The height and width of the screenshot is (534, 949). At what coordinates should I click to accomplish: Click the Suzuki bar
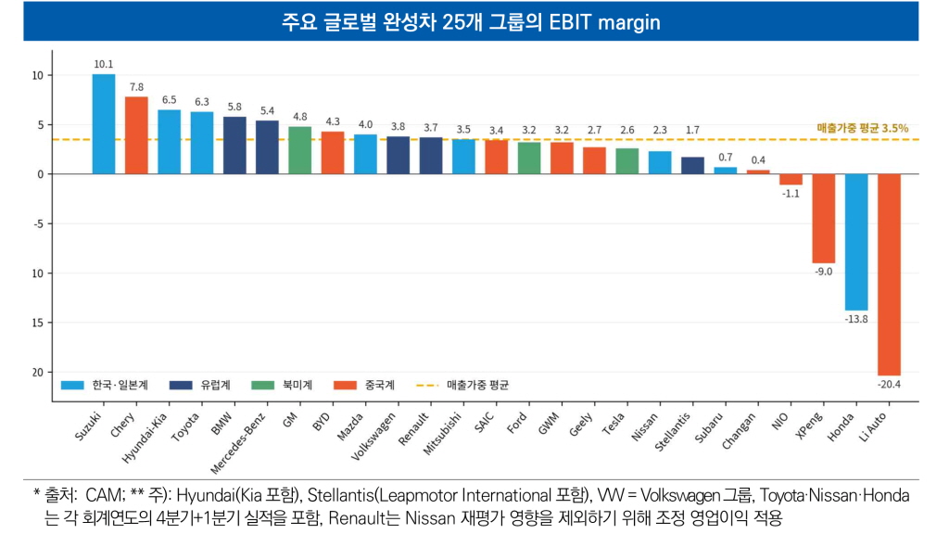(x=104, y=124)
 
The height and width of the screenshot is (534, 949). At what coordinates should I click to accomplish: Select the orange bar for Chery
(x=136, y=135)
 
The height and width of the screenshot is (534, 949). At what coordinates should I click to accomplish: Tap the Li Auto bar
(x=889, y=274)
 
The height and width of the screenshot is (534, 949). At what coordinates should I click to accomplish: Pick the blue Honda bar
(x=856, y=242)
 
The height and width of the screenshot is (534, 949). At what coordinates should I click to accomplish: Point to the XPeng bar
(x=824, y=219)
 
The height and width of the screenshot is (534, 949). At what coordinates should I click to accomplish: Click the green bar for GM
(x=299, y=151)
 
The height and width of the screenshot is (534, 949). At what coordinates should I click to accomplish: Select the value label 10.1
(x=104, y=64)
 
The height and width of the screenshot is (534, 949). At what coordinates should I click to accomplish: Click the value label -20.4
(x=889, y=385)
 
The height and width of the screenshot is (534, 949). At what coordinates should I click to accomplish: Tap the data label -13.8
(x=856, y=319)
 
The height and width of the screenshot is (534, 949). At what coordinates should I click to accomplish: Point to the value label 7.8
(x=136, y=87)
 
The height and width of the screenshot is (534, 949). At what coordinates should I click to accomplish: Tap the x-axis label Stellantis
(x=673, y=432)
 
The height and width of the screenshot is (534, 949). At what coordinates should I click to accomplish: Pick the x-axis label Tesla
(x=614, y=424)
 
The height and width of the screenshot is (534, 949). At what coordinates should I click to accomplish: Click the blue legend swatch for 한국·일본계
(x=72, y=385)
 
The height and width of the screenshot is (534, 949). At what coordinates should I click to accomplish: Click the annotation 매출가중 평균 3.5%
(x=863, y=128)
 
